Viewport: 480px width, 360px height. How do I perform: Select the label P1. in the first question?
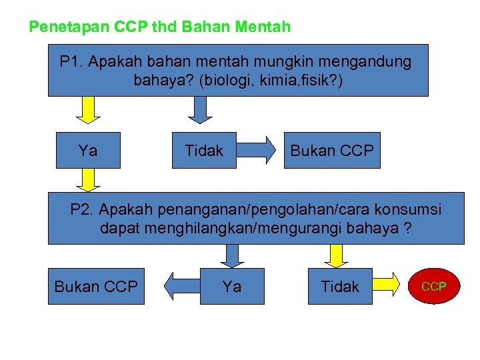pyautogui.click(x=71, y=63)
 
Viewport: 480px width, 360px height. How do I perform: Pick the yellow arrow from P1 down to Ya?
pyautogui.click(x=87, y=110)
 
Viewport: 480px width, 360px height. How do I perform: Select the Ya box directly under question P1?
pyautogui.click(x=87, y=151)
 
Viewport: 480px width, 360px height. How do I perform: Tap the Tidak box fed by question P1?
pyautogui.click(x=204, y=151)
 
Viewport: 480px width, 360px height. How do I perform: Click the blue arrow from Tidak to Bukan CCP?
pyautogui.click(x=257, y=151)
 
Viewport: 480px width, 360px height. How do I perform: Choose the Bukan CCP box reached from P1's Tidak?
pyautogui.click(x=332, y=151)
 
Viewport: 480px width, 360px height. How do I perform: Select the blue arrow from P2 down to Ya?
pyautogui.click(x=232, y=255)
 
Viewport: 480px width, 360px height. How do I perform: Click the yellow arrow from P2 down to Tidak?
pyautogui.click(x=337, y=255)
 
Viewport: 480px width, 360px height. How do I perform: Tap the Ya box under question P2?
pyautogui.click(x=232, y=287)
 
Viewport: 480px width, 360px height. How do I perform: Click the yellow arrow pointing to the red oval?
pyautogui.click(x=391, y=287)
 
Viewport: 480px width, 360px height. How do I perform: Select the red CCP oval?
pyautogui.click(x=434, y=287)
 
